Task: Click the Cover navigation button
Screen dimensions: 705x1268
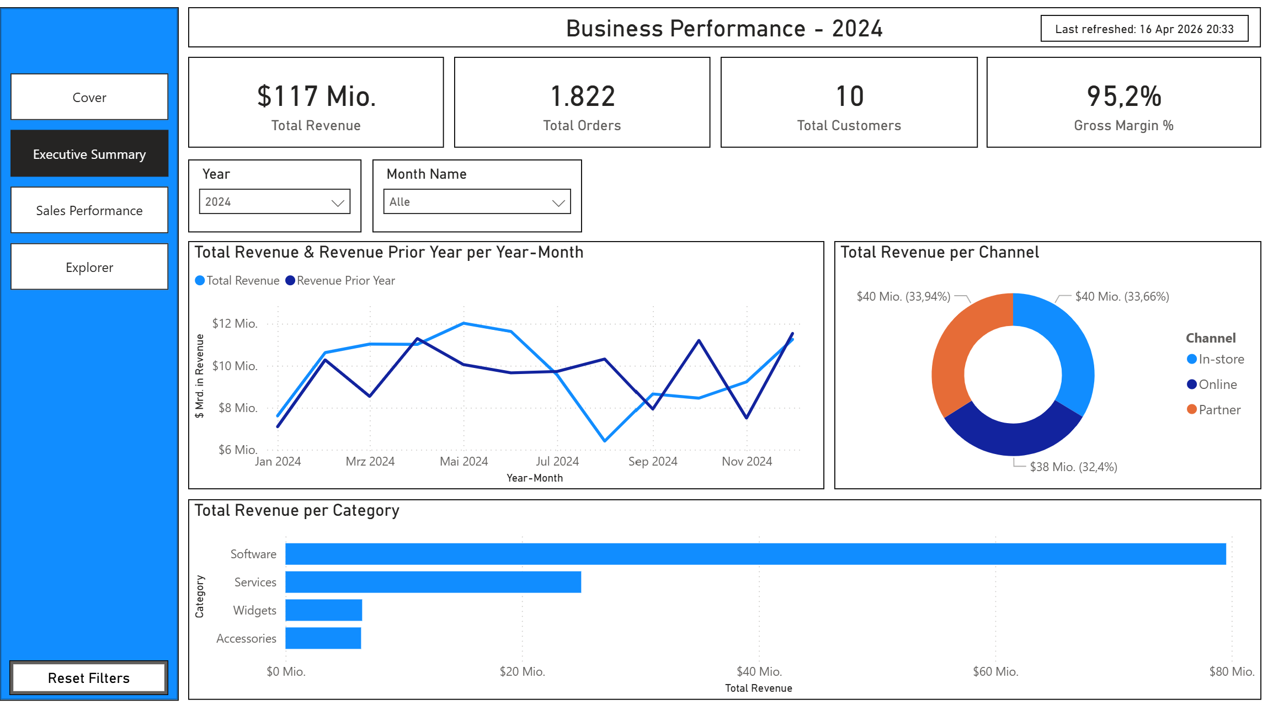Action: point(89,97)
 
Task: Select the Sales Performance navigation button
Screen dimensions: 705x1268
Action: point(89,210)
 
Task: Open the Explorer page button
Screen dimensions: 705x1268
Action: point(89,267)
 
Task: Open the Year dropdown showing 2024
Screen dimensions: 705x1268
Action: point(274,202)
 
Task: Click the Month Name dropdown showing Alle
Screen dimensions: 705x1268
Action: point(477,202)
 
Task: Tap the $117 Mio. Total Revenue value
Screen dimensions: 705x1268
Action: point(316,97)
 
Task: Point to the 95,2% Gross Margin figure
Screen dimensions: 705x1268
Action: point(1123,97)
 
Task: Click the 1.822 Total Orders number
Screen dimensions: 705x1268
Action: point(582,97)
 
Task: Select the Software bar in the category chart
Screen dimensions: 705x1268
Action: point(755,554)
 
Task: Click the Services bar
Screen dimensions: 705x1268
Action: point(433,582)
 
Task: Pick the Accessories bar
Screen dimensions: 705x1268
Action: point(323,638)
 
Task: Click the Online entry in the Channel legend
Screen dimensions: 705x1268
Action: point(1217,384)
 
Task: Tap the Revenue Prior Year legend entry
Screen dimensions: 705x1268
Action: point(345,281)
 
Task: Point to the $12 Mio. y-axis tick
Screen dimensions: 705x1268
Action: point(235,323)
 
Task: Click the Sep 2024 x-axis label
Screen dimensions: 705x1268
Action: point(652,461)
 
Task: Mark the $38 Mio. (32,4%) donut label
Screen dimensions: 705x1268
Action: point(1073,467)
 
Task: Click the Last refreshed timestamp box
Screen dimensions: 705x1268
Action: point(1144,29)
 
